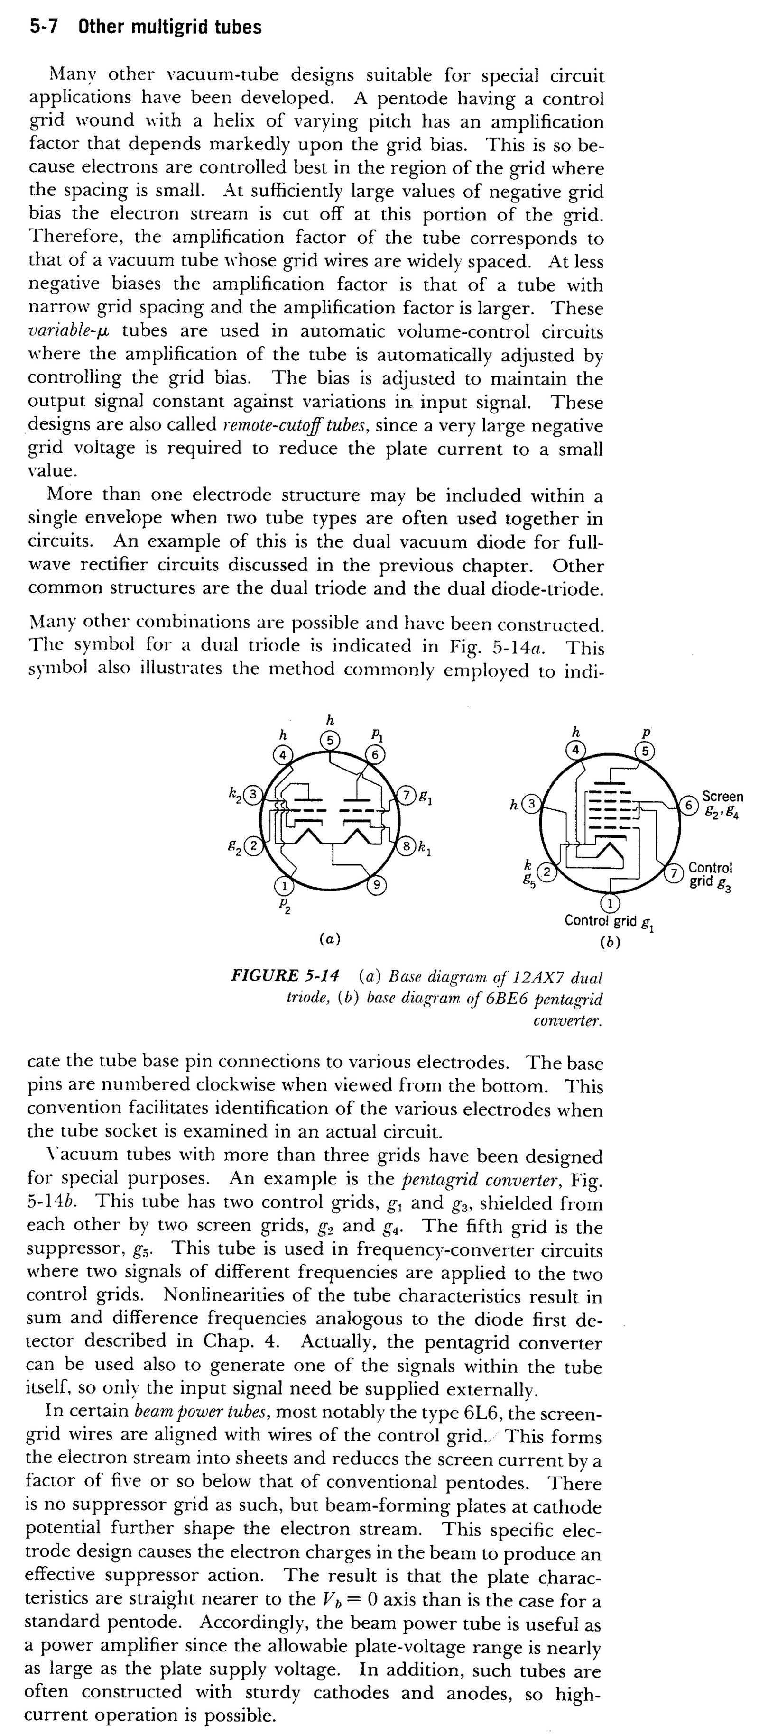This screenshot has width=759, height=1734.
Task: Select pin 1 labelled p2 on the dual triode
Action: tap(285, 885)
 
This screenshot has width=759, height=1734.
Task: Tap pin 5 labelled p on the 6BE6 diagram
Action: tap(646, 751)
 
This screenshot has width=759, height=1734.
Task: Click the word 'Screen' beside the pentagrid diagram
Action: tap(722, 797)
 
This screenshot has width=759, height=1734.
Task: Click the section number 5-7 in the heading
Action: tap(45, 28)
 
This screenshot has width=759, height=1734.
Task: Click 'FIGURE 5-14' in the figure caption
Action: tap(285, 975)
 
